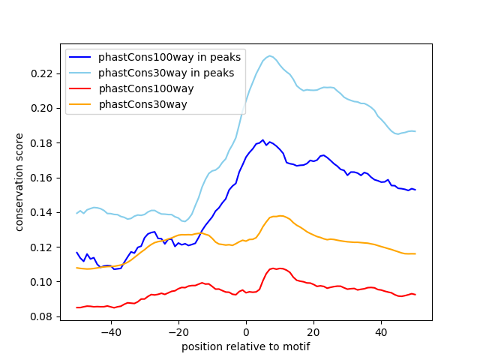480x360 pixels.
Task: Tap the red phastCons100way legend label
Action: point(146,88)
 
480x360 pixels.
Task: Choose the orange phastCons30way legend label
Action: point(142,104)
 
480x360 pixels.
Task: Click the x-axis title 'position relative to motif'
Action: point(245,346)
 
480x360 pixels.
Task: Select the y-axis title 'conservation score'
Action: point(19,182)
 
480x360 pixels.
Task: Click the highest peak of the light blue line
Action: point(270,55)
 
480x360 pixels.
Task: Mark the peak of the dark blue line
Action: point(263,139)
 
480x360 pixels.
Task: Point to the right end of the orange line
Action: point(415,253)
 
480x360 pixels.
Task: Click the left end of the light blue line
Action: point(76,214)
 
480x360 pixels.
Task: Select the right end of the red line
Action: point(415,295)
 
